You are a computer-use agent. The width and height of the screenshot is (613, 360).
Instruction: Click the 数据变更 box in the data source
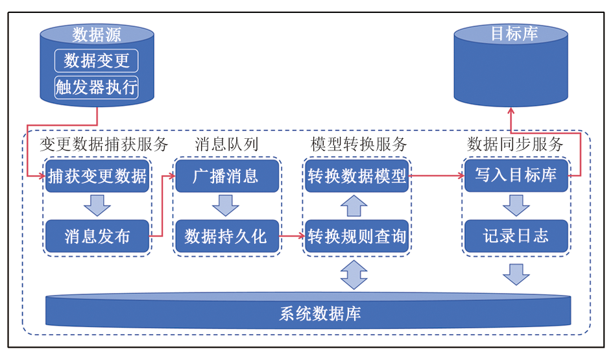click(97, 61)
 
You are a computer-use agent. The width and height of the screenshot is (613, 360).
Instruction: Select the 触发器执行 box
click(97, 87)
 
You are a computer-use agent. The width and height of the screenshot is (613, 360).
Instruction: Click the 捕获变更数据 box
click(97, 176)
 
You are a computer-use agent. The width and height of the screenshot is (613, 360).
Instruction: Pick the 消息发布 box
click(97, 236)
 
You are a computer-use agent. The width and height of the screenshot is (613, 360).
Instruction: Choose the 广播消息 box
click(226, 176)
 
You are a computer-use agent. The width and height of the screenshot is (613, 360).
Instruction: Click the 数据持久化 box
click(226, 236)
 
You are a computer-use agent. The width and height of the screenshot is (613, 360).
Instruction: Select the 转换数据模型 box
click(357, 176)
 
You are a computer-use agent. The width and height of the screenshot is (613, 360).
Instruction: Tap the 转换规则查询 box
click(357, 236)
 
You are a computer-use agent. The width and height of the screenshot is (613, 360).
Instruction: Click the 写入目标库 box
click(516, 176)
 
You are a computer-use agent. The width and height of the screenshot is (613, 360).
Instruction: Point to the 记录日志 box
click(516, 236)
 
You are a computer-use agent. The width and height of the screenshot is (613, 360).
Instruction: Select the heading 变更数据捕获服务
click(104, 144)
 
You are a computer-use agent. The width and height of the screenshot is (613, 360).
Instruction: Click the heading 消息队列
click(226, 144)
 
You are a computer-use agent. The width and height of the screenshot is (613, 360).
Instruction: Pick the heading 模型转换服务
click(358, 144)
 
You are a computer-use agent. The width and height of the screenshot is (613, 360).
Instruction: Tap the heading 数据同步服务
click(515, 144)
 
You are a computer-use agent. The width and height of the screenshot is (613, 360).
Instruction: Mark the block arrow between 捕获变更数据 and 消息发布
click(97, 205)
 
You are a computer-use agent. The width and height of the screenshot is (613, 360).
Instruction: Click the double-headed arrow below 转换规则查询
click(354, 274)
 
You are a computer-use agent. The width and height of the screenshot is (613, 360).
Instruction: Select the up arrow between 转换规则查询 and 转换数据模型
click(354, 206)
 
